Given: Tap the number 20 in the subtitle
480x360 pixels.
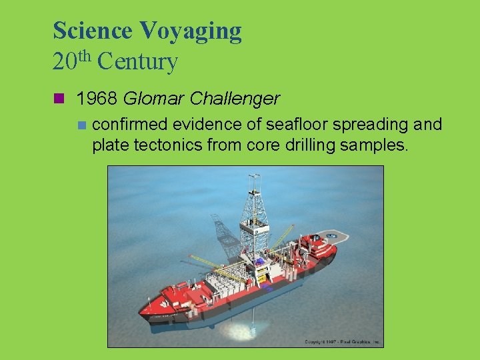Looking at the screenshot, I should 65,63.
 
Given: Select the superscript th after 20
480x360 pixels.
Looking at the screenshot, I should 85,56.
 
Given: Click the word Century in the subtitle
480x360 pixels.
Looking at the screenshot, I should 137,63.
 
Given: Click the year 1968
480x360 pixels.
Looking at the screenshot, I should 97,99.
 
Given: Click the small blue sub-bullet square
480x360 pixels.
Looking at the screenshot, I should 81,125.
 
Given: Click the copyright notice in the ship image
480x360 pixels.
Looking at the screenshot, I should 343,342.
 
